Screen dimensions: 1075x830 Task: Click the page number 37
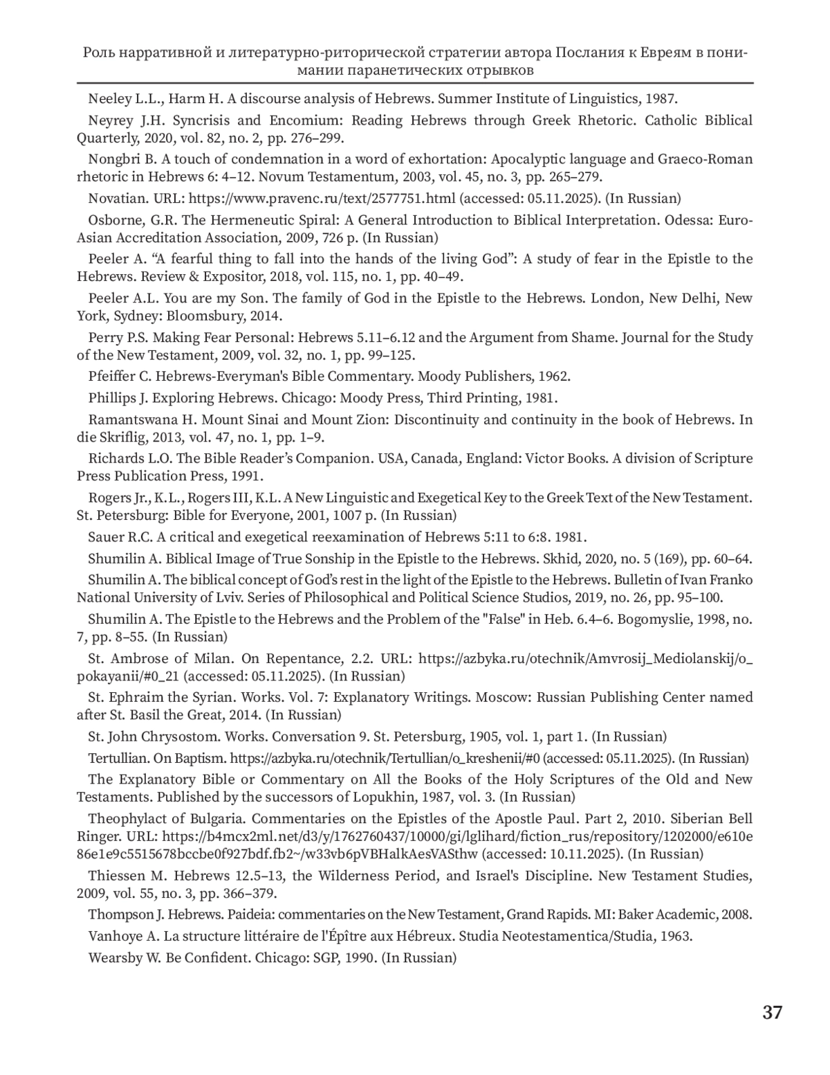click(772, 1013)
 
